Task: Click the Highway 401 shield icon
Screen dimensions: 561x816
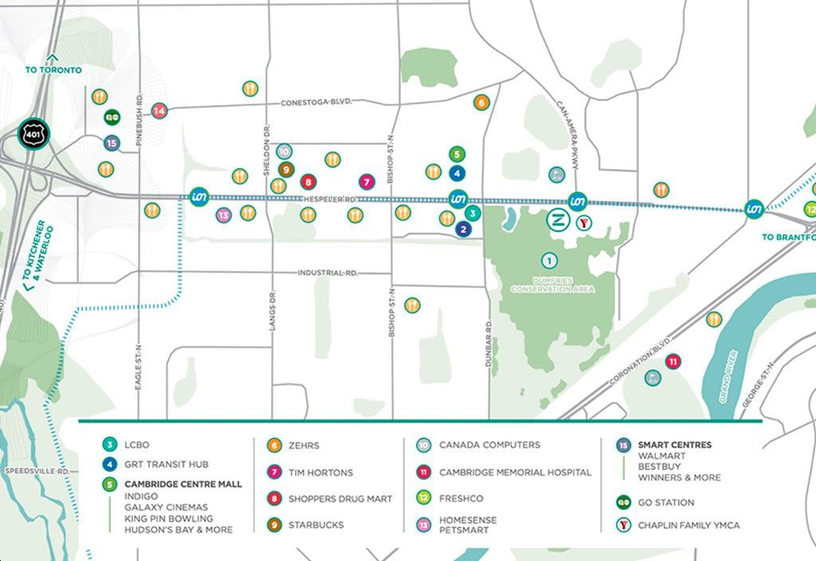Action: [34, 133]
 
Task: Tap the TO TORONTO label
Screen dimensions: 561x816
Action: [53, 70]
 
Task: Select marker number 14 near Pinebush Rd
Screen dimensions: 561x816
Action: [159, 111]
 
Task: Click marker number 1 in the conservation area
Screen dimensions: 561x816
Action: [548, 260]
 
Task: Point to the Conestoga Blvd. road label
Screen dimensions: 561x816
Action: [316, 103]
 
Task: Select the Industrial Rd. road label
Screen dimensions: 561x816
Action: [328, 273]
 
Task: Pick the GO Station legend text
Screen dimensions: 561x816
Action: [665, 503]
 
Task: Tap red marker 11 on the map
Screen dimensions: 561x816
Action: [673, 361]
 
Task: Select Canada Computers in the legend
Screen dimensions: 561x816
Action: [489, 445]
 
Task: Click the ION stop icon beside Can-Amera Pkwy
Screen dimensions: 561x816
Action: [578, 201]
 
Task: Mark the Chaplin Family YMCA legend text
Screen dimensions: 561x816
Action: [688, 525]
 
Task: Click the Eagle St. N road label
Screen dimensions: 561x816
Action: [139, 367]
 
